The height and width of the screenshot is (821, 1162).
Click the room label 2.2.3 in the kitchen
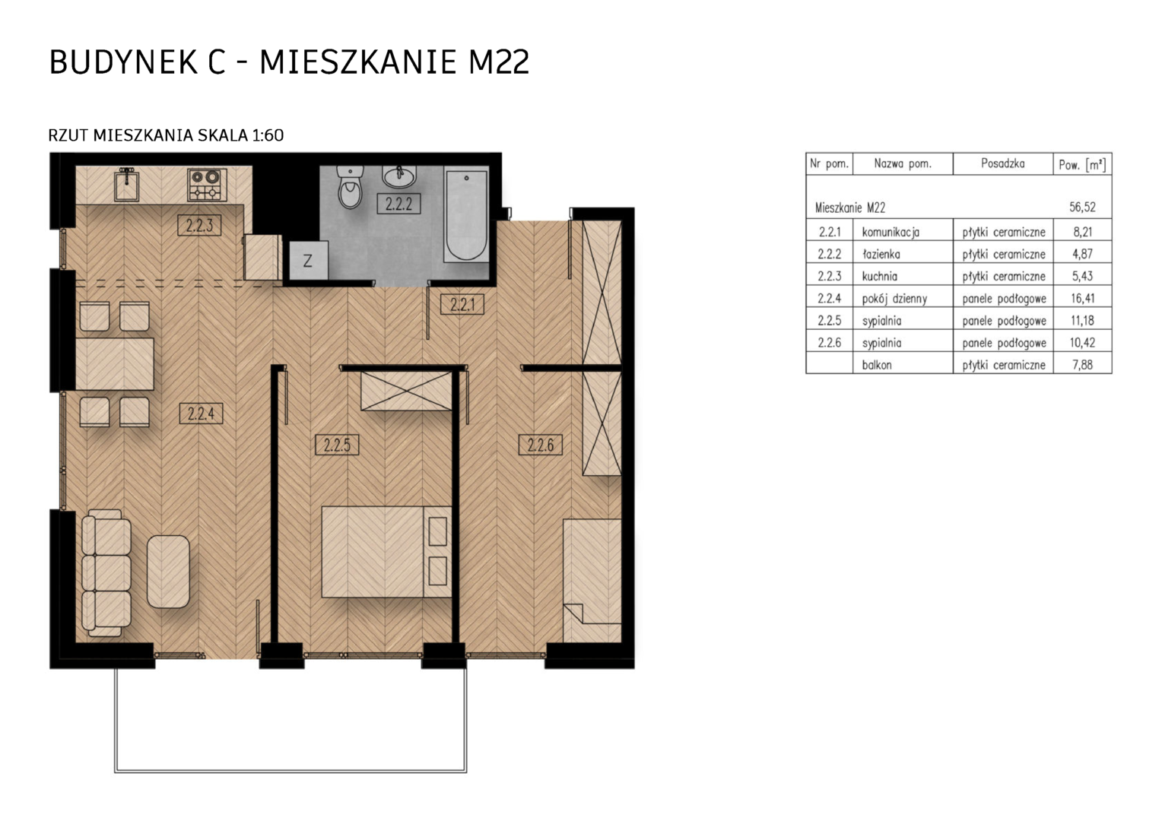tap(199, 225)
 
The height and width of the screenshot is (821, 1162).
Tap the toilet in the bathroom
tap(351, 187)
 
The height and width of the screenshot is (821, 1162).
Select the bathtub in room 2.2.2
tap(466, 214)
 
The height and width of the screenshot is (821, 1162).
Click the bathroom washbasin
tap(399, 177)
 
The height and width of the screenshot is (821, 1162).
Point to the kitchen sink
tap(126, 185)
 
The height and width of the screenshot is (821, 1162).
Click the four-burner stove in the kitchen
tap(207, 184)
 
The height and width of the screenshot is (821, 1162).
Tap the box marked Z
tap(308, 260)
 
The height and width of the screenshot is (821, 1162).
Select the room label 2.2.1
tap(462, 304)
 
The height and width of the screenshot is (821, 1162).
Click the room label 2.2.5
tap(337, 445)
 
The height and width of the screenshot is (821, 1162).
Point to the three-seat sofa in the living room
tap(106, 573)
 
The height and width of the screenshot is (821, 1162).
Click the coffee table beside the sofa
tap(168, 572)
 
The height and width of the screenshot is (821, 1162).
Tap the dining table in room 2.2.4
tap(115, 363)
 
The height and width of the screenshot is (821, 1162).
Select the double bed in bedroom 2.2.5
tap(386, 552)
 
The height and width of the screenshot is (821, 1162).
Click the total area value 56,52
tap(1082, 208)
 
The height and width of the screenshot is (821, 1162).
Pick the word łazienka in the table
tap(881, 254)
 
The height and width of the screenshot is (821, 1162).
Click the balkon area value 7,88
tap(1083, 365)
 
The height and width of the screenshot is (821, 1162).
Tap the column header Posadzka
tap(1002, 164)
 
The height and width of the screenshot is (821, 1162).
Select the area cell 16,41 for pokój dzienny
tap(1082, 298)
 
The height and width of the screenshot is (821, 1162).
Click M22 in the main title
tap(499, 62)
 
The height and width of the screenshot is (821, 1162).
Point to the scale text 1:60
tap(268, 135)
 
